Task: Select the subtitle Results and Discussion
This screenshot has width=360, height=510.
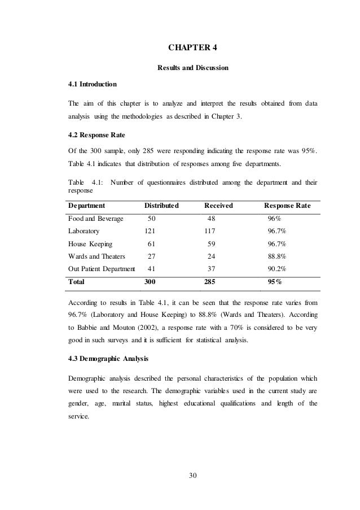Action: (192, 68)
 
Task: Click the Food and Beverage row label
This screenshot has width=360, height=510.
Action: (95, 219)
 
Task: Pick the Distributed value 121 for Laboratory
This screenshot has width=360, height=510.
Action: (150, 232)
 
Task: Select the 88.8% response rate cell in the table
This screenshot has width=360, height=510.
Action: (276, 257)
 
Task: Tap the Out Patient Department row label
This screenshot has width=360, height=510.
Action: (102, 269)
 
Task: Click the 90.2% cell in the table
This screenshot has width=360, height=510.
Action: (276, 269)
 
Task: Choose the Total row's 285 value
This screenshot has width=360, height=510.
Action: (210, 282)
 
